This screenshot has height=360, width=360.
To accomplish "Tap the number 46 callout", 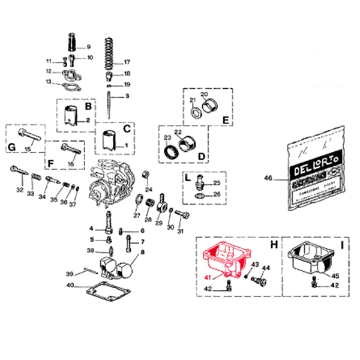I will click(268, 178).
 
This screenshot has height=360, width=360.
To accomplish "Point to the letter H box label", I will click(274, 246).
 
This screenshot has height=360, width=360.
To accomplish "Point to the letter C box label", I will click(127, 128).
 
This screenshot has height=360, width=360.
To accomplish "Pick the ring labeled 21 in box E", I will click(196, 112).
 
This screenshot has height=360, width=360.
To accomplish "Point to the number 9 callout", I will click(88, 47).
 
